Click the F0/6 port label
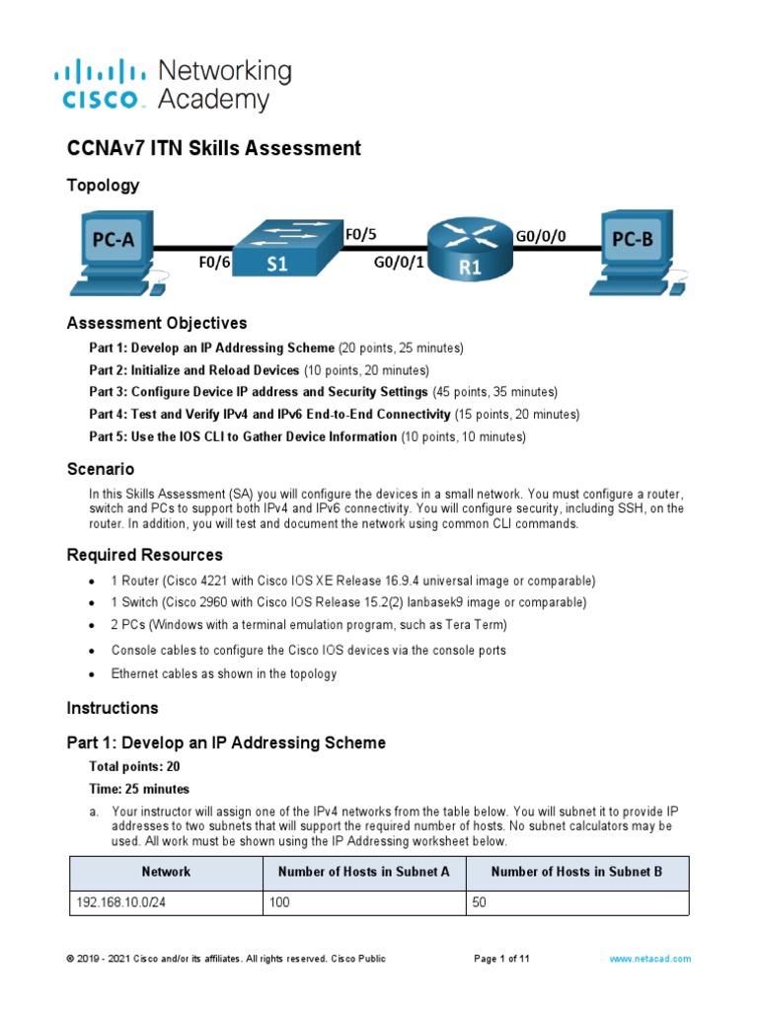click(214, 264)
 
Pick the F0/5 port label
click(360, 235)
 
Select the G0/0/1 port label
click(398, 264)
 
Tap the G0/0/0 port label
click(542, 236)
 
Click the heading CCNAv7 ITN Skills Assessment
click(213, 149)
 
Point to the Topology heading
click(103, 186)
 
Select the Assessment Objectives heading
click(156, 324)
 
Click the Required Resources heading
click(144, 555)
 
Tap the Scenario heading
click(100, 469)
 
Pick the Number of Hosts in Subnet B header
click(576, 872)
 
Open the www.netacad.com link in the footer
click(649, 959)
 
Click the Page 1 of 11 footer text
click(502, 959)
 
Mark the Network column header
click(166, 872)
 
